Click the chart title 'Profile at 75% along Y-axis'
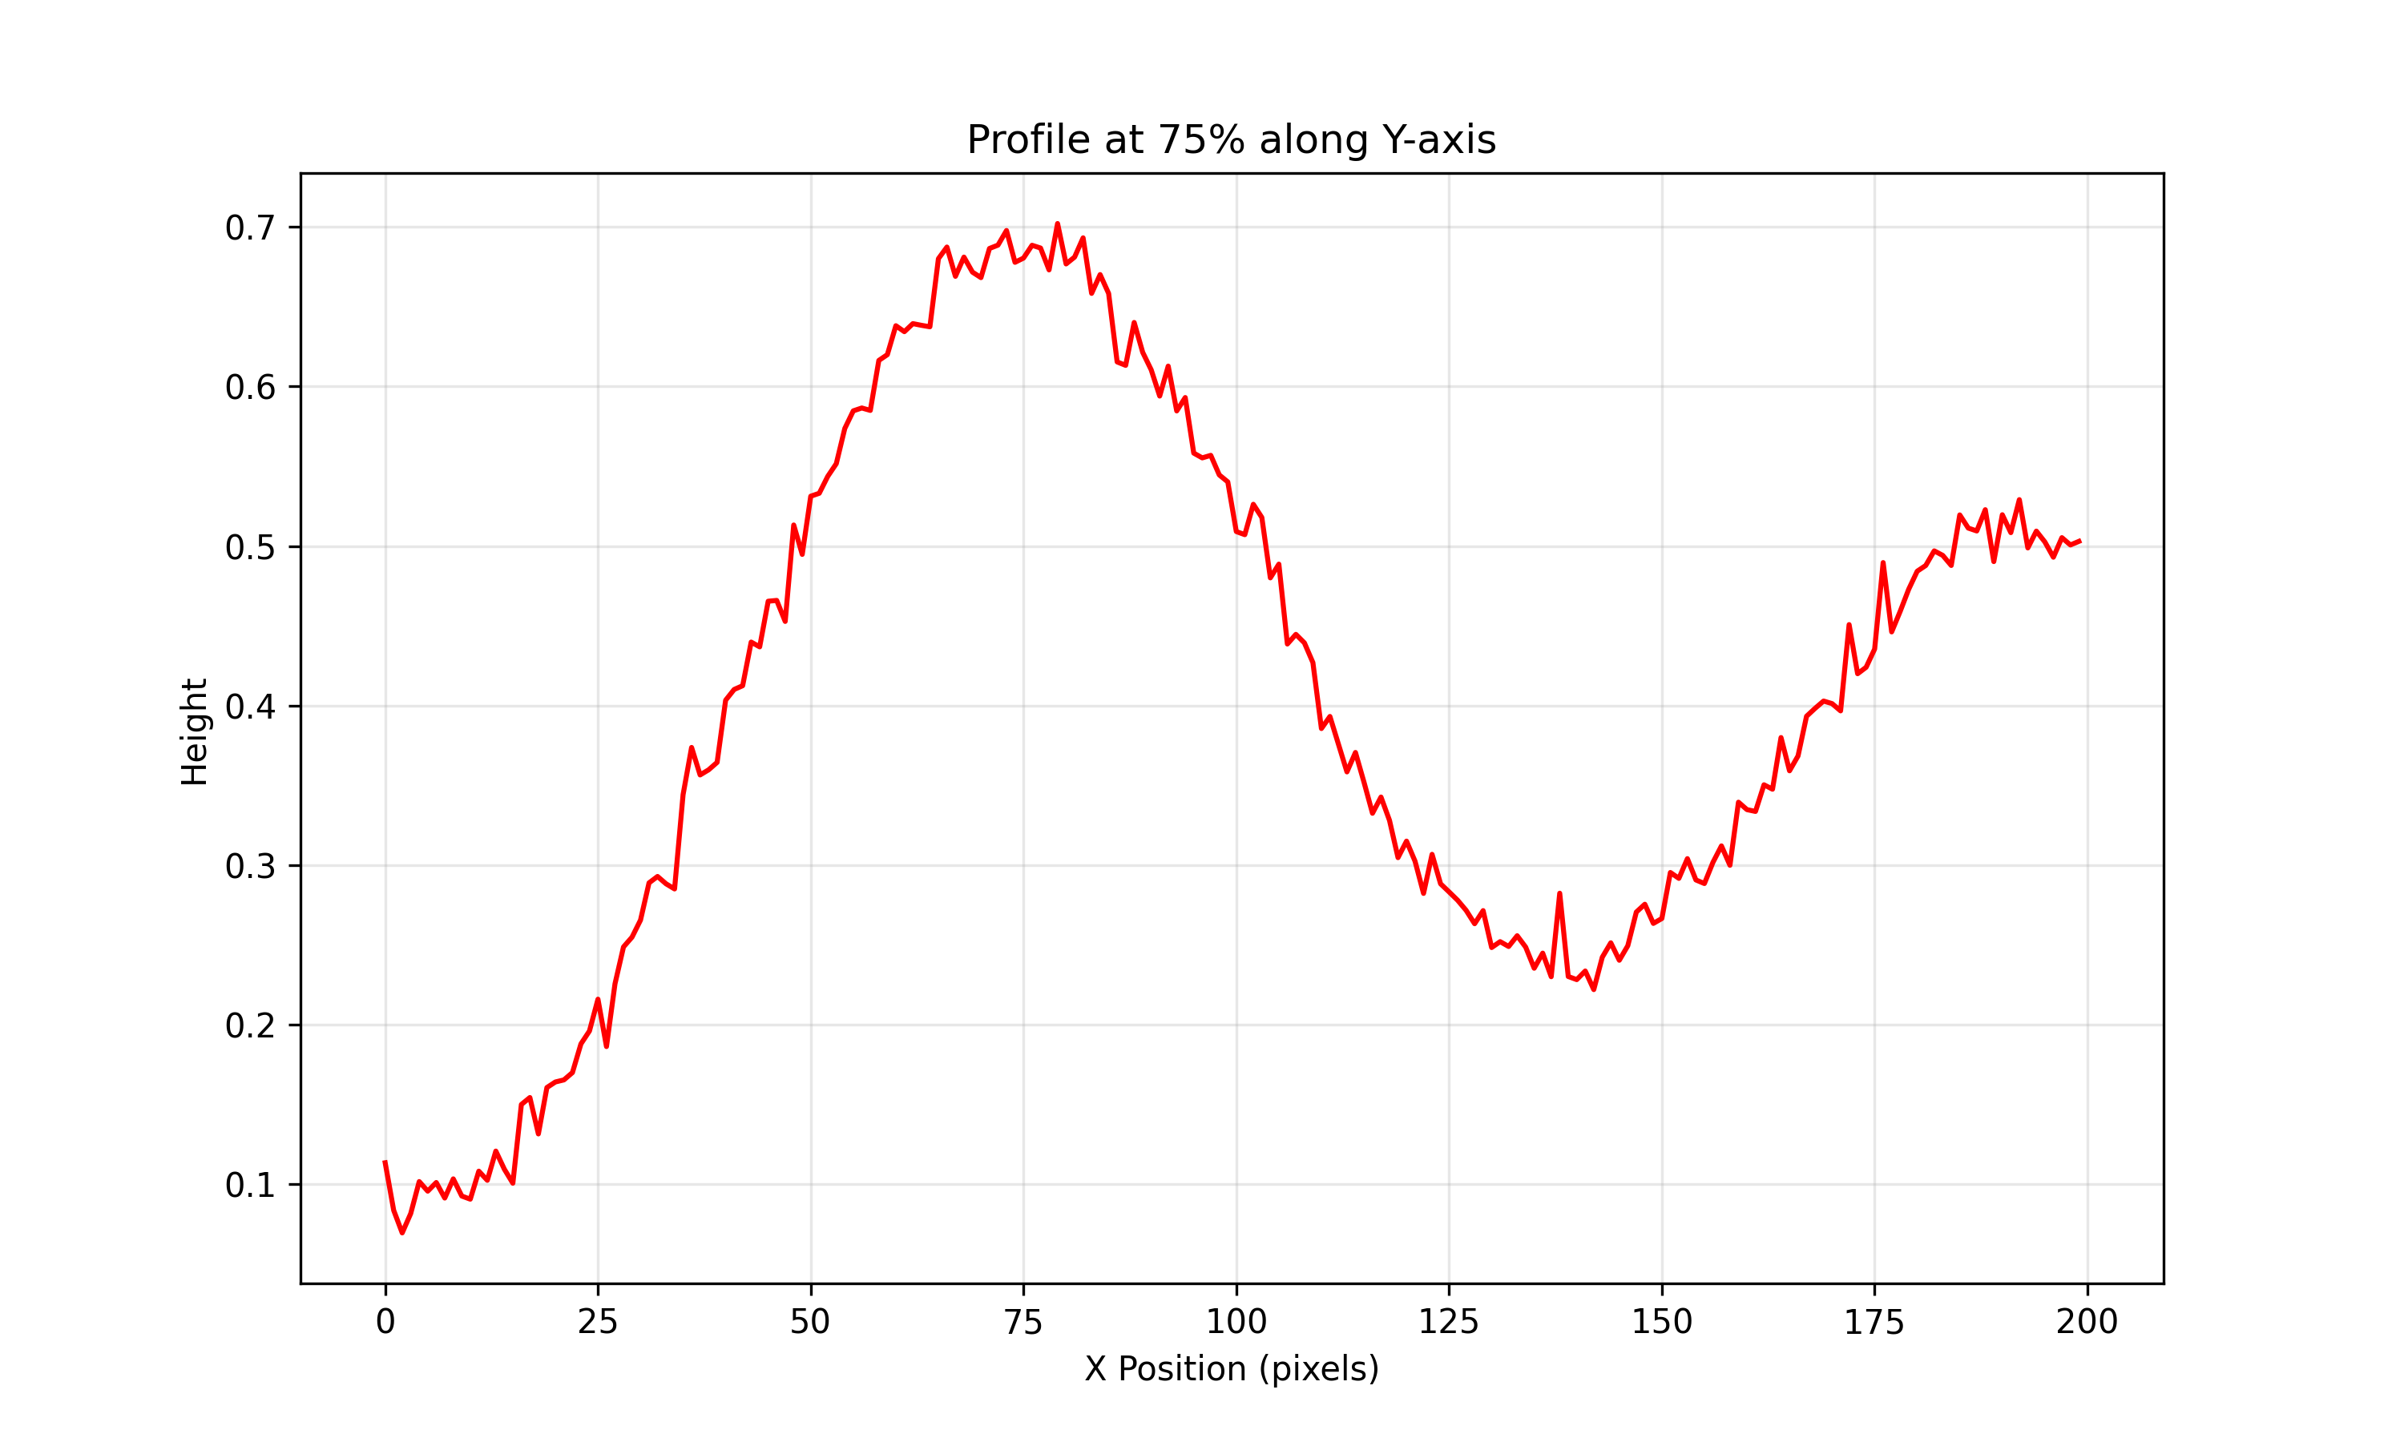tap(1231, 140)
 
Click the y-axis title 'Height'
tap(195, 731)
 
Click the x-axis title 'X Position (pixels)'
tap(1231, 1368)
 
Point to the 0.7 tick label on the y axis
tap(250, 228)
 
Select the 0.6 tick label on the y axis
tap(250, 388)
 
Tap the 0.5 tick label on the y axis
tap(250, 547)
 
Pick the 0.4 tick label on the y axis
tap(250, 707)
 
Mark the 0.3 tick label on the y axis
tap(250, 866)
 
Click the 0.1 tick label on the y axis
tap(250, 1186)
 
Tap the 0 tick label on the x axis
tap(385, 1322)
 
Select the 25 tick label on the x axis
tap(598, 1322)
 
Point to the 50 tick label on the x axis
tap(810, 1322)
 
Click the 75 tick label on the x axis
tap(1023, 1322)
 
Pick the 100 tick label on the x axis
tap(1236, 1322)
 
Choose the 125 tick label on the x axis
tap(1449, 1322)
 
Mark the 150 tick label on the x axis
tap(1662, 1322)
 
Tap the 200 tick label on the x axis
tap(2087, 1322)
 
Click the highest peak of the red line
tap(1057, 224)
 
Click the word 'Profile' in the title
tap(1027, 140)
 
